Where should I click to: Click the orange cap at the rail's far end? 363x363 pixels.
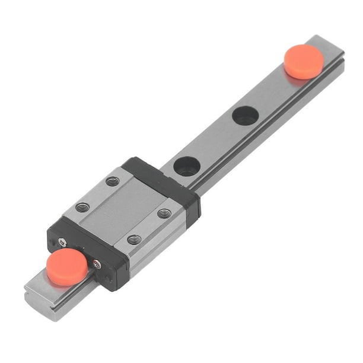[x=304, y=61]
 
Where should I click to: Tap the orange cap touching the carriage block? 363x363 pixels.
[x=66, y=267]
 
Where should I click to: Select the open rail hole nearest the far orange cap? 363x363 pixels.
[x=245, y=115]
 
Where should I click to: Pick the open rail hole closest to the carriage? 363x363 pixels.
[x=187, y=166]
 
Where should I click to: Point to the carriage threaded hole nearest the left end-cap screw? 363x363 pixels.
[x=83, y=207]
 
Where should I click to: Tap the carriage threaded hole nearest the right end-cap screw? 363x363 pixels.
[x=135, y=240]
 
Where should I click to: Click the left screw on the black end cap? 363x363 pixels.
[x=62, y=241]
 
